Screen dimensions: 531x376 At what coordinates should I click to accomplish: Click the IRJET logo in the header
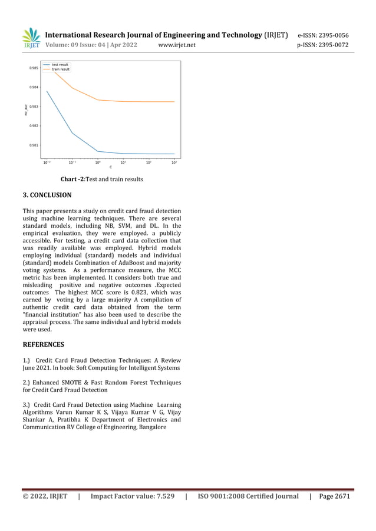(31, 38)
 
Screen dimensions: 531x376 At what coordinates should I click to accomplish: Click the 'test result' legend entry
(60, 64)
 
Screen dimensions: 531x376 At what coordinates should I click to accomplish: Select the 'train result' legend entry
(61, 69)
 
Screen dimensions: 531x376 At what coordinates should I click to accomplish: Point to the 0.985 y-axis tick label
(35, 68)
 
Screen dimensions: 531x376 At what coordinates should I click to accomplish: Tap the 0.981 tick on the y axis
(35, 145)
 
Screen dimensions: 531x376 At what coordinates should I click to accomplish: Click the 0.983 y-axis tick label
(35, 107)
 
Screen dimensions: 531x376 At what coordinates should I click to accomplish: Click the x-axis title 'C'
(110, 168)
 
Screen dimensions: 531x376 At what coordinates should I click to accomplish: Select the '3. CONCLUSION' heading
(47, 195)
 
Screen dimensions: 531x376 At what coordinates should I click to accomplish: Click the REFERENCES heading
(43, 344)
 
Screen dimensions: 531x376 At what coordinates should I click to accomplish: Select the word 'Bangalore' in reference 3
(152, 427)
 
